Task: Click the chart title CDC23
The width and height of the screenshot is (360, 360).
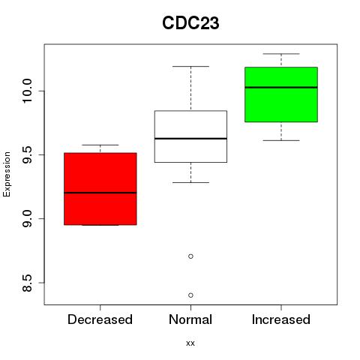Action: coord(190,23)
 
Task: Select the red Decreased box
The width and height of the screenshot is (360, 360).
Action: coord(100,189)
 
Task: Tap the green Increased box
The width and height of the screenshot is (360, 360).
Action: coord(281,94)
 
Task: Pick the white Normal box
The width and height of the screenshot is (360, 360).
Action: coord(190,136)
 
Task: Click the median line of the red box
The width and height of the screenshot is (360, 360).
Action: coord(100,193)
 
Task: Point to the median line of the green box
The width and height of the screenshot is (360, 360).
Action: coord(281,88)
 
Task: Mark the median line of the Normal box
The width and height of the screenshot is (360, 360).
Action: coord(190,139)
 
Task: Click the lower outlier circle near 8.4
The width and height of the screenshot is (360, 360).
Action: coord(190,295)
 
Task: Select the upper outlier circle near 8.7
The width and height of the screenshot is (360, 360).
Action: coord(190,256)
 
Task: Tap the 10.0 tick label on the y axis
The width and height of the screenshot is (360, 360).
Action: coord(27,91)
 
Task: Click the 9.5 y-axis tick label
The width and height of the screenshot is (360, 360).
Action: coord(27,155)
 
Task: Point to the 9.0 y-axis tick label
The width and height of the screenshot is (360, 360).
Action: coord(27,219)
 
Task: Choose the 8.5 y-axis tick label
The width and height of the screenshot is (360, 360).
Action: coord(27,283)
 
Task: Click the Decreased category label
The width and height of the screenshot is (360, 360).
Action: coord(100,319)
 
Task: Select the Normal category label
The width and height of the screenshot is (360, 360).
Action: coord(190,319)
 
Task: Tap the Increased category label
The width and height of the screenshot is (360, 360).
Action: coord(281,319)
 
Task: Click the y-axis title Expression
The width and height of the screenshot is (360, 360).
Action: coord(7,174)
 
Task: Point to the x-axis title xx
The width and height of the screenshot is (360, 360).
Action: coord(190,343)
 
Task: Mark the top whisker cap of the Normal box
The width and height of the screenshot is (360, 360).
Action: coord(190,66)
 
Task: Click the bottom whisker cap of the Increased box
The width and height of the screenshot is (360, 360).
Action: coord(281,140)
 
